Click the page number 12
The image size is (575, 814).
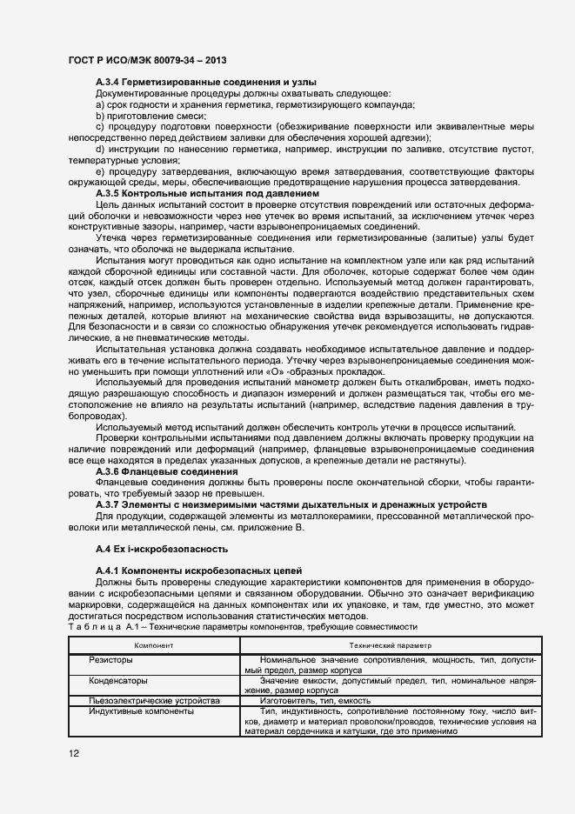[x=73, y=754]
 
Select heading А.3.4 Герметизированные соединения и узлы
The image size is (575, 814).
[x=204, y=81]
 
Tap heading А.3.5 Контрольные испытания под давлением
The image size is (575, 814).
[x=207, y=193]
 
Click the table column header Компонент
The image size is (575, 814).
[x=154, y=645]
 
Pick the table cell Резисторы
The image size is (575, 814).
[x=109, y=661]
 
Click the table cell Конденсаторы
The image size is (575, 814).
[x=117, y=681]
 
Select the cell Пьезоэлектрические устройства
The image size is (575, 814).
[x=154, y=700]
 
